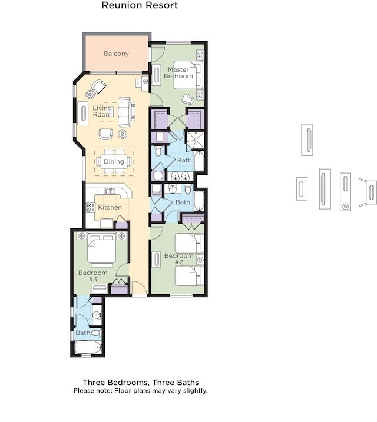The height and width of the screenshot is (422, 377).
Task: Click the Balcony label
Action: (x=116, y=54)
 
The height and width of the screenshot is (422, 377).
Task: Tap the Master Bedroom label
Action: (x=178, y=73)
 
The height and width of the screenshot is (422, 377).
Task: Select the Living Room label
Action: (x=102, y=111)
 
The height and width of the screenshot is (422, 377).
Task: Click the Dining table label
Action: (x=114, y=161)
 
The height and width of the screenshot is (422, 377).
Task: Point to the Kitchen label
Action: (x=110, y=207)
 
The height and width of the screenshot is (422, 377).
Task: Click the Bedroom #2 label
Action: (x=179, y=258)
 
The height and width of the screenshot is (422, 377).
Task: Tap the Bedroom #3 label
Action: (x=93, y=275)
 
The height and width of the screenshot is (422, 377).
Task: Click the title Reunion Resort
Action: (x=140, y=5)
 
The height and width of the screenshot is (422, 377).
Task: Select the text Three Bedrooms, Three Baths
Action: (x=141, y=383)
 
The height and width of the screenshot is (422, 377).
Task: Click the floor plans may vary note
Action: (x=141, y=390)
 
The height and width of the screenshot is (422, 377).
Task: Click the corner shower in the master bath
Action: (x=196, y=140)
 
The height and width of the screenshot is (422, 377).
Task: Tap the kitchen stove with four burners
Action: (x=91, y=208)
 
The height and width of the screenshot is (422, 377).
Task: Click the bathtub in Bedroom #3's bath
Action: (x=88, y=347)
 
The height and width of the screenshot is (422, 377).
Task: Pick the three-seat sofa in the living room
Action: (x=125, y=112)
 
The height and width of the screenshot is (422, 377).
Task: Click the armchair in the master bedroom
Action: (x=188, y=99)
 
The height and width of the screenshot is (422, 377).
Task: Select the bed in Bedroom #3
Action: (x=102, y=248)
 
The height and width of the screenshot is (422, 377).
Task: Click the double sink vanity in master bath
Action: (x=180, y=177)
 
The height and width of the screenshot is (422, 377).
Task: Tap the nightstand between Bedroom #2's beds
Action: (x=200, y=260)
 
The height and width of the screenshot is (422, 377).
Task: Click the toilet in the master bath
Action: (x=158, y=151)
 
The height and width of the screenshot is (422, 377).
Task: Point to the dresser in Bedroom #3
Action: (x=100, y=288)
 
